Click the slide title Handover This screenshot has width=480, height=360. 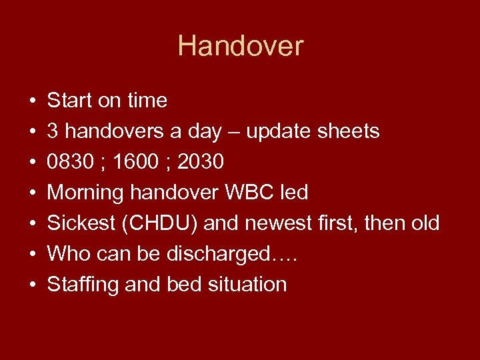point(240,46)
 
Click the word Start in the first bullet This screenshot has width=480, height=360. point(69,101)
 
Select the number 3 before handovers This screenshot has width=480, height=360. point(53,131)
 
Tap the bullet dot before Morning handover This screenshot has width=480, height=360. point(32,193)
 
